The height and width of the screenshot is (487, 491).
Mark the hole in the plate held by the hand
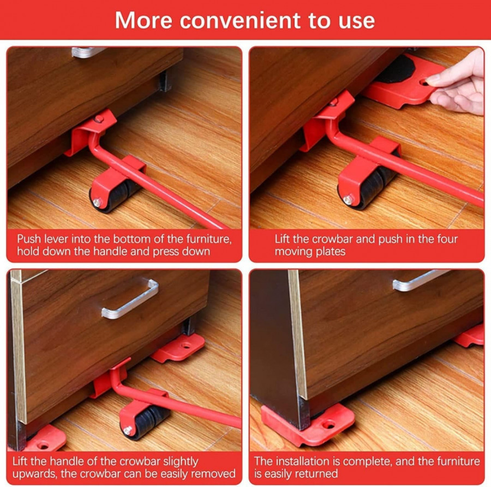(x=424, y=82)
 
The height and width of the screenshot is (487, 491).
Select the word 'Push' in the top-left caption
(x=28, y=239)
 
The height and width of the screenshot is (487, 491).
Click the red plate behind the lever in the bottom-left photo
(x=178, y=348)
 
